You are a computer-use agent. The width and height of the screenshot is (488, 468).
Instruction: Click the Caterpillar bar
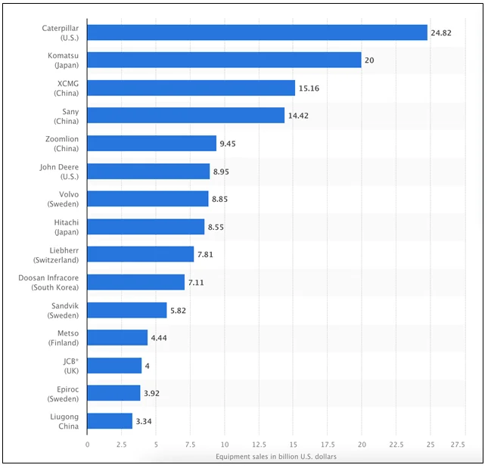[257, 33]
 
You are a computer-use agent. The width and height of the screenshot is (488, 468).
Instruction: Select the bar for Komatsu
[224, 60]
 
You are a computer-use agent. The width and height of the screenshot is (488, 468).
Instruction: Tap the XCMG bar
[191, 88]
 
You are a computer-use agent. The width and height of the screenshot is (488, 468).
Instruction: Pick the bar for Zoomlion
[151, 144]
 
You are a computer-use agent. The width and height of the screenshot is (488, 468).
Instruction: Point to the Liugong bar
[110, 421]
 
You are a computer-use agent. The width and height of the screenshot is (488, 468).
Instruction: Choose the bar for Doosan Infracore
[135, 282]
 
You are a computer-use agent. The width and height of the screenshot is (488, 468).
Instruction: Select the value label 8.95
[221, 172]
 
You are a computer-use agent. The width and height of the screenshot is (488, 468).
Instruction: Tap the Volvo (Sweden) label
[64, 199]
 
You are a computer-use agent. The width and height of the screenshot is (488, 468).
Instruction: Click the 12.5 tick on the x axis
[259, 445]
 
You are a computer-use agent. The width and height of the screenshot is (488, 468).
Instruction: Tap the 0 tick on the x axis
[87, 445]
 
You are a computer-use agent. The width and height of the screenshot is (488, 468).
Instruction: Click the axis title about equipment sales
[275, 457]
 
